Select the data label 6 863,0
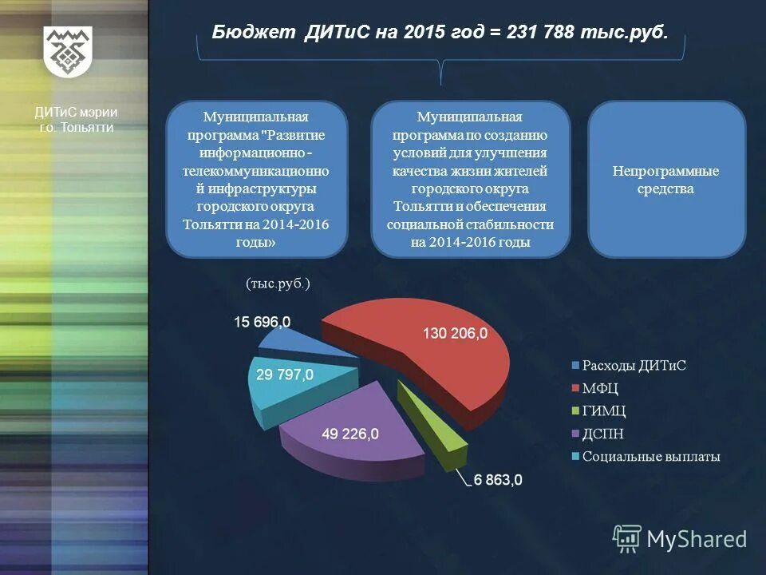tap(498, 480)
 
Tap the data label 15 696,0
tap(263, 322)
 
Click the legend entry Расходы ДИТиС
tap(634, 366)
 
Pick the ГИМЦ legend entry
tap(604, 411)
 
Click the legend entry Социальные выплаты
tap(651, 457)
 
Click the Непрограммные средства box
tap(666, 180)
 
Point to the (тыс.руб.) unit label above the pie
tap(278, 284)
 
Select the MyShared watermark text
tap(697, 539)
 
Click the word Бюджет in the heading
tap(255, 34)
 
